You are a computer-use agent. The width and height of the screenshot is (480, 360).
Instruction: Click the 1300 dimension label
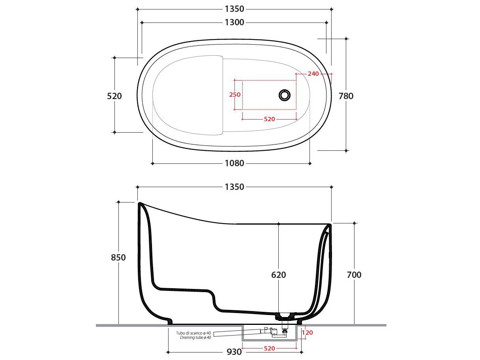[x=234, y=22]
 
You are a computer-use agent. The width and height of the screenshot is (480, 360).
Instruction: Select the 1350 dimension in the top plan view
[x=234, y=9]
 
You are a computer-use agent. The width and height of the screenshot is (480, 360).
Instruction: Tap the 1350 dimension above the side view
[x=234, y=187]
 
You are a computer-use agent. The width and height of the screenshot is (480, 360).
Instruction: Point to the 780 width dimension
[x=346, y=96]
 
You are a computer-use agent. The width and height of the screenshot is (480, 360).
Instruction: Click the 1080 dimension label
[x=234, y=163]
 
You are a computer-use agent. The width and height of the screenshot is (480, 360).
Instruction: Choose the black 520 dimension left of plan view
[x=114, y=96]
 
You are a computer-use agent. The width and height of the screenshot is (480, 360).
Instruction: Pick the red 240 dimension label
[x=313, y=74]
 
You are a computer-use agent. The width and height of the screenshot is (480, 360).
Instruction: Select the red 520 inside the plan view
[x=269, y=119]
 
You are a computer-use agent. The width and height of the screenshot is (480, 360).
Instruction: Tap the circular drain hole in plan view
[x=284, y=95]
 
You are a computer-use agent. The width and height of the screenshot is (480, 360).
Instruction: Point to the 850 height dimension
[x=118, y=257]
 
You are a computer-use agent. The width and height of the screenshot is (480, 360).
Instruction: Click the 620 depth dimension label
[x=278, y=275]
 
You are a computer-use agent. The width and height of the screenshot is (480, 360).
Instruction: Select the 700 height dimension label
[x=354, y=275]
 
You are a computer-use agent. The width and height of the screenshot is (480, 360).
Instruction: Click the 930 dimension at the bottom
[x=234, y=351]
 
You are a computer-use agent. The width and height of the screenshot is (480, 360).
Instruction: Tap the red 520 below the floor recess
[x=269, y=348]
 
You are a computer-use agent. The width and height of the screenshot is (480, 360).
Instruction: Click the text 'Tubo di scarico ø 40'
[x=193, y=333]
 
